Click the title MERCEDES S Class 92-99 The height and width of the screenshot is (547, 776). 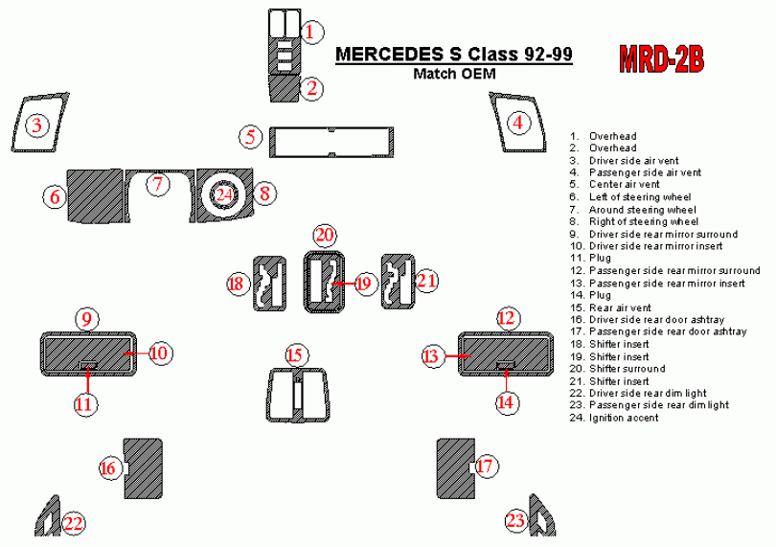point(454,55)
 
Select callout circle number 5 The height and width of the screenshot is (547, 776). point(251,136)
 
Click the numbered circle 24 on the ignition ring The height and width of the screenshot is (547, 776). point(223,194)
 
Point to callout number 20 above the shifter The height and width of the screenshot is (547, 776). point(325,235)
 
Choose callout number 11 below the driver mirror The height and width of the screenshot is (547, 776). point(85,403)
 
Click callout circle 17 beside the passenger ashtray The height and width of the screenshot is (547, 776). point(486,467)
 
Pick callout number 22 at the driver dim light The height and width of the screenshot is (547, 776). point(74,523)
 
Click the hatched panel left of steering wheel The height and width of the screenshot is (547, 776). point(94,194)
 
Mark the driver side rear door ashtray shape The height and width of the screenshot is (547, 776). point(143,468)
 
